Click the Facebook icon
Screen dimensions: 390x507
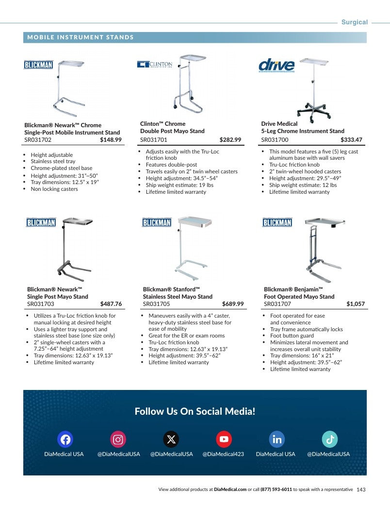point(65,439)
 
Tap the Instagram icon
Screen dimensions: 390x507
point(118,439)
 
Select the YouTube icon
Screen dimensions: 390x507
point(224,439)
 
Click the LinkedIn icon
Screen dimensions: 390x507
point(277,439)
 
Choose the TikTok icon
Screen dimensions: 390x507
point(330,439)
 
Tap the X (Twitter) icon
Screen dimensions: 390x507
point(171,439)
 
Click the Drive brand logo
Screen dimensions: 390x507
point(276,65)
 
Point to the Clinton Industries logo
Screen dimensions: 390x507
point(155,64)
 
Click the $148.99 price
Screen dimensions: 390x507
point(111,140)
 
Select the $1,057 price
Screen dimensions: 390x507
point(356,304)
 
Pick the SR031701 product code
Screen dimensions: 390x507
point(154,140)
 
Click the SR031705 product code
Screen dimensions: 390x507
point(156,304)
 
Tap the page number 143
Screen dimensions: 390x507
point(361,490)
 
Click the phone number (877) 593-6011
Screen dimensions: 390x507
point(276,490)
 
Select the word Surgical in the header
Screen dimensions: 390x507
point(355,22)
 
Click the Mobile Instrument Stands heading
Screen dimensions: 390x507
point(81,37)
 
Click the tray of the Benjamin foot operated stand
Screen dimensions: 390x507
point(325,222)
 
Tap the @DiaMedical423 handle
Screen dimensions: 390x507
point(223,454)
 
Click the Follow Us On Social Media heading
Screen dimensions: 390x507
point(195,411)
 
